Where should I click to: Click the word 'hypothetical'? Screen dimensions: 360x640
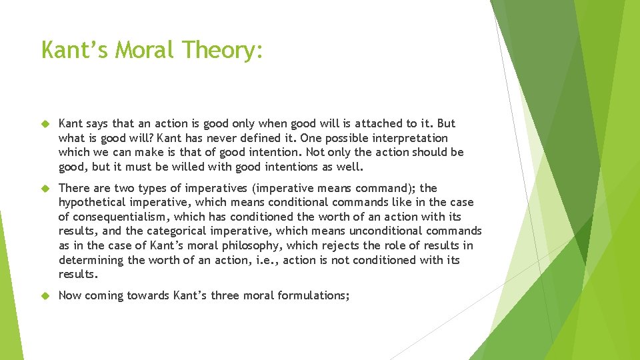click(x=92, y=203)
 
